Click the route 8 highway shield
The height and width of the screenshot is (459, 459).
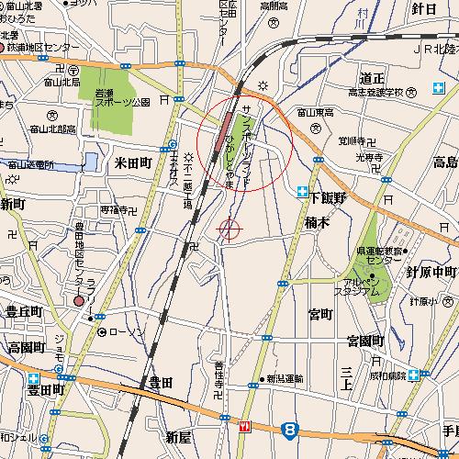(x=290, y=429)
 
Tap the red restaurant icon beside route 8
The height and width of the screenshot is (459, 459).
(x=244, y=426)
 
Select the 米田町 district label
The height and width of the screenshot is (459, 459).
(x=132, y=162)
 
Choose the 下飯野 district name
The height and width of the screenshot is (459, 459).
(x=328, y=196)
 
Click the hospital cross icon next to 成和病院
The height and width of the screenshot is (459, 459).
(x=415, y=375)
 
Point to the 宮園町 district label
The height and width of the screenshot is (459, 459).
(x=364, y=341)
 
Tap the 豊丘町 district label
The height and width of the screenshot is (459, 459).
(x=25, y=312)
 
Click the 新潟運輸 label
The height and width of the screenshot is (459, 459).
(x=285, y=377)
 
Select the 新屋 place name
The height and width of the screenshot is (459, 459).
(x=179, y=435)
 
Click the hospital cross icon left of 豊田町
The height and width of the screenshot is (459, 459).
(x=34, y=377)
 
